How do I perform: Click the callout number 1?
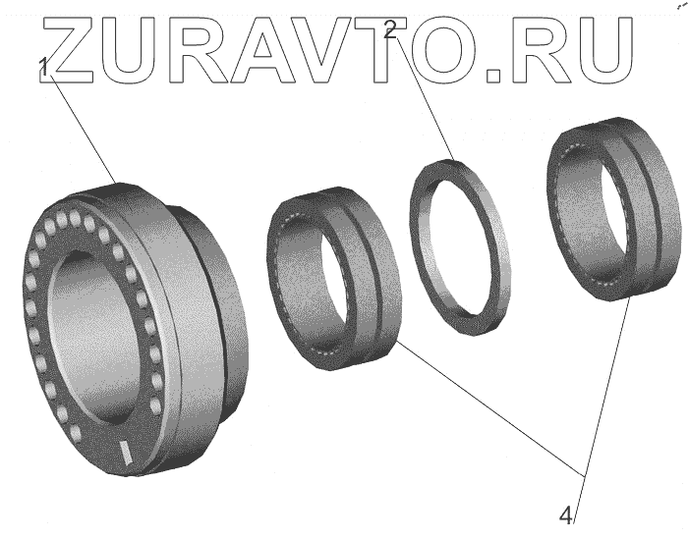point(43,68)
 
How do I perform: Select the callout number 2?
point(389,29)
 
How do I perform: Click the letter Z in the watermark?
point(69,50)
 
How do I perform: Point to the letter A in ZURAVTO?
point(264,50)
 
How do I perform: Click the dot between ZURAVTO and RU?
point(494,75)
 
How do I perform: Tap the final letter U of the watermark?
point(603,50)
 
